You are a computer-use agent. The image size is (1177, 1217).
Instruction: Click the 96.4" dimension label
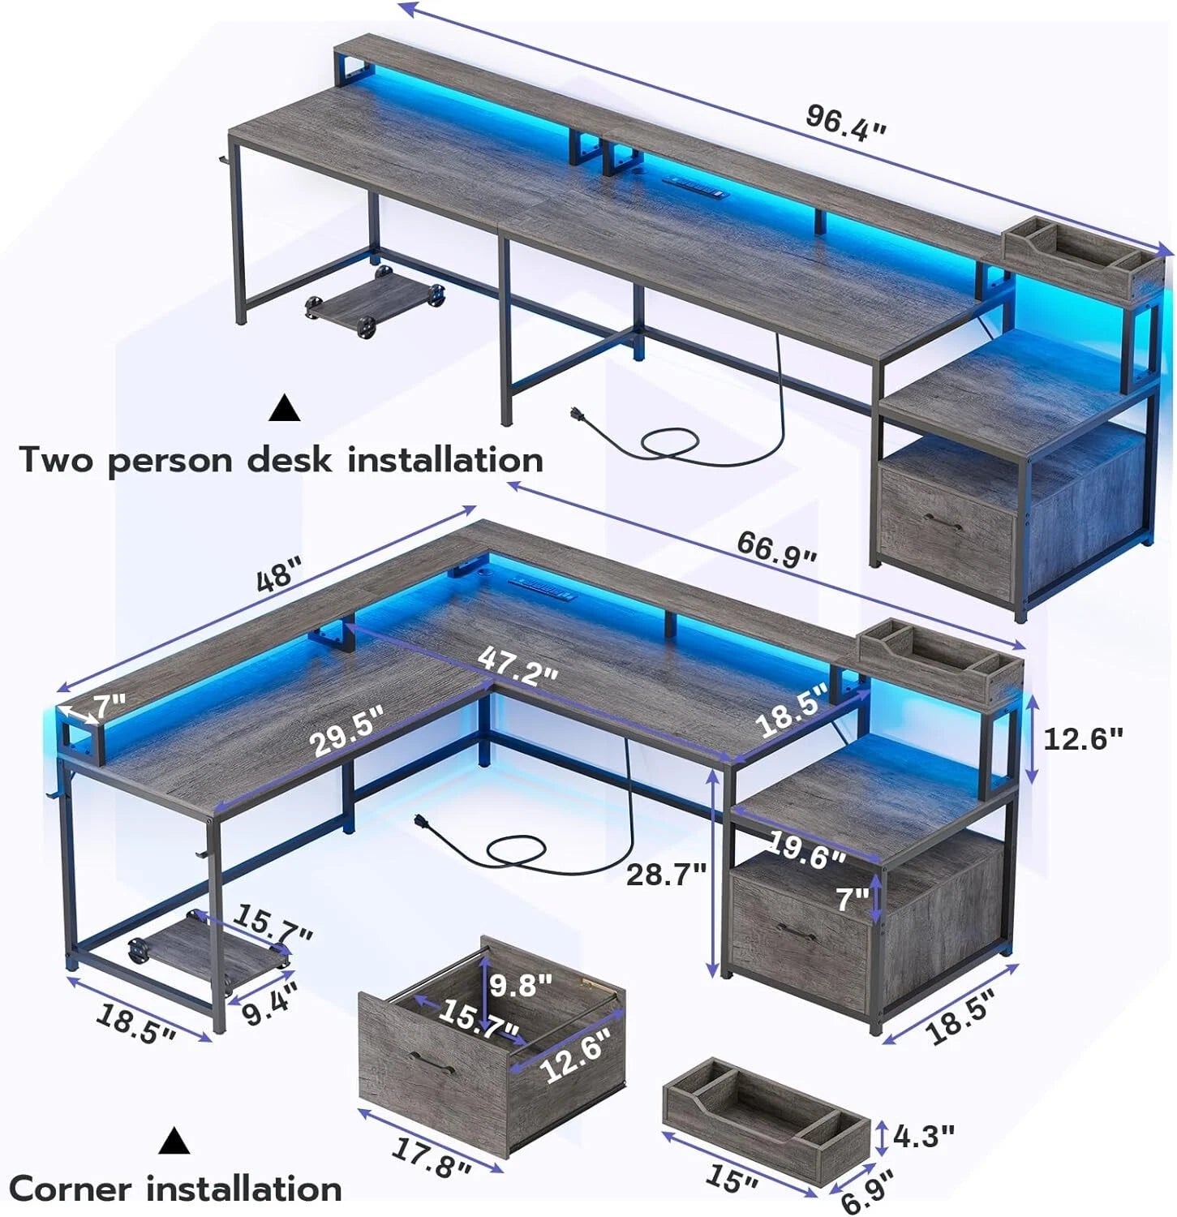coord(845,123)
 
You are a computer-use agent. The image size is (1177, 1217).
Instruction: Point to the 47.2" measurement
coord(518,667)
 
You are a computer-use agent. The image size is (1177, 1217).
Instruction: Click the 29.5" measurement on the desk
coord(346,730)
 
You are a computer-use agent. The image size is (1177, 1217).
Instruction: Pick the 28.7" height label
coord(666,874)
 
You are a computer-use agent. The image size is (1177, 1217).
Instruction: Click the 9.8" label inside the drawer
coord(521,984)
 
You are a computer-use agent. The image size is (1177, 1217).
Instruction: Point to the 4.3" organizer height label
coord(923,1136)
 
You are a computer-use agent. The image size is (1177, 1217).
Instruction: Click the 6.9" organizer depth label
coord(867,1191)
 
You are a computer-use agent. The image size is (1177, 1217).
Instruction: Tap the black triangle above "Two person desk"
coord(285,408)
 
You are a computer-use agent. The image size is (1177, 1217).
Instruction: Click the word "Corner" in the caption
coord(71,1189)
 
